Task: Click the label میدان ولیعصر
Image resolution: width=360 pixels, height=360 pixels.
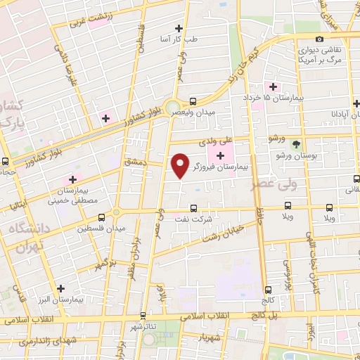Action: (214, 110)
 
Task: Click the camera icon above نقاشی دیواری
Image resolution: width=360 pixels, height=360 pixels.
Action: (319, 39)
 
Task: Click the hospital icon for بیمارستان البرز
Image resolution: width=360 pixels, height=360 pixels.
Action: (61, 288)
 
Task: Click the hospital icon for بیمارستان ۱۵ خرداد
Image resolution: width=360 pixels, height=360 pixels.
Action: (273, 86)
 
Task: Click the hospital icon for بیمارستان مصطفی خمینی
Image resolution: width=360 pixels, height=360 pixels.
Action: (73, 179)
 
